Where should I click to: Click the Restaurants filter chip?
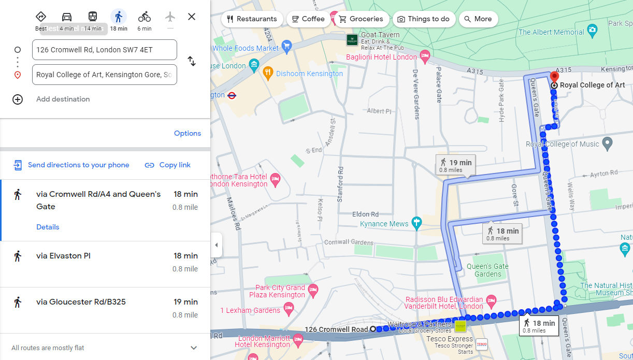point(252,19)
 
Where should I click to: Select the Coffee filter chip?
point(308,19)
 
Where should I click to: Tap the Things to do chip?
point(423,19)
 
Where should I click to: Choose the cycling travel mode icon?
point(145,17)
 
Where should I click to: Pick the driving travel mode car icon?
point(67,17)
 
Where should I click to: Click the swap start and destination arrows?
point(192,61)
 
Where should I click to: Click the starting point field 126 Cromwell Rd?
point(104,50)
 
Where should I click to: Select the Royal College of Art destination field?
point(104,75)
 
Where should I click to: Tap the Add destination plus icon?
point(18,99)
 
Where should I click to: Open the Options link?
point(187,133)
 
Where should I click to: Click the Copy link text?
point(175,165)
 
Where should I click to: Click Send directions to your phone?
point(78,165)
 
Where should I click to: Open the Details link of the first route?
point(48,227)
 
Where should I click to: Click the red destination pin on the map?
point(554,78)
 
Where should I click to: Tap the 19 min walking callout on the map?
point(455,165)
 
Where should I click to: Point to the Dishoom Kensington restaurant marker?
point(268,73)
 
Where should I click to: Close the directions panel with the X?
point(192,17)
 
